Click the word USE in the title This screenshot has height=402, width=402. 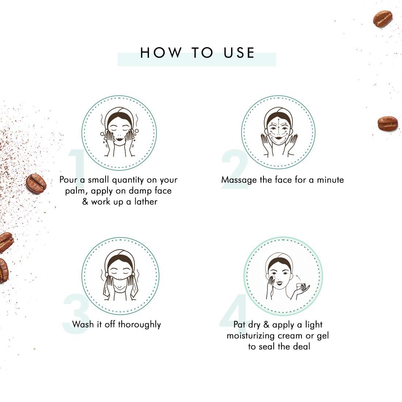239,53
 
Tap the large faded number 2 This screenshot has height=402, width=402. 234,170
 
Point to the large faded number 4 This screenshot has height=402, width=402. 234,312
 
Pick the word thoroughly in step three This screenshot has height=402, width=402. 139,324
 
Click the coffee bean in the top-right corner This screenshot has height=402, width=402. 382,19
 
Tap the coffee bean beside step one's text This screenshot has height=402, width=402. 36,183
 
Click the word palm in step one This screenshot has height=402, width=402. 76,191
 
